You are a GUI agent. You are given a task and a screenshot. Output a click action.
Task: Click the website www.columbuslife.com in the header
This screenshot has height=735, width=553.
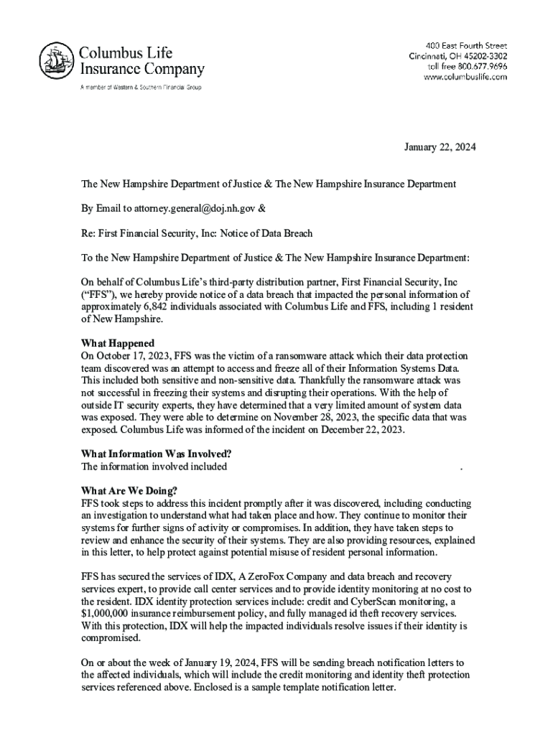(465, 78)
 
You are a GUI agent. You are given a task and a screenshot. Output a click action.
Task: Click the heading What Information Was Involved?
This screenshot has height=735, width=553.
(156, 454)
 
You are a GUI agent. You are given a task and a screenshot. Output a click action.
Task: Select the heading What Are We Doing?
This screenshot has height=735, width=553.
(129, 491)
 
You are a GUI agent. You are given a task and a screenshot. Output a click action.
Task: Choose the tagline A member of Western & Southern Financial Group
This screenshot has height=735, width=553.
(141, 88)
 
